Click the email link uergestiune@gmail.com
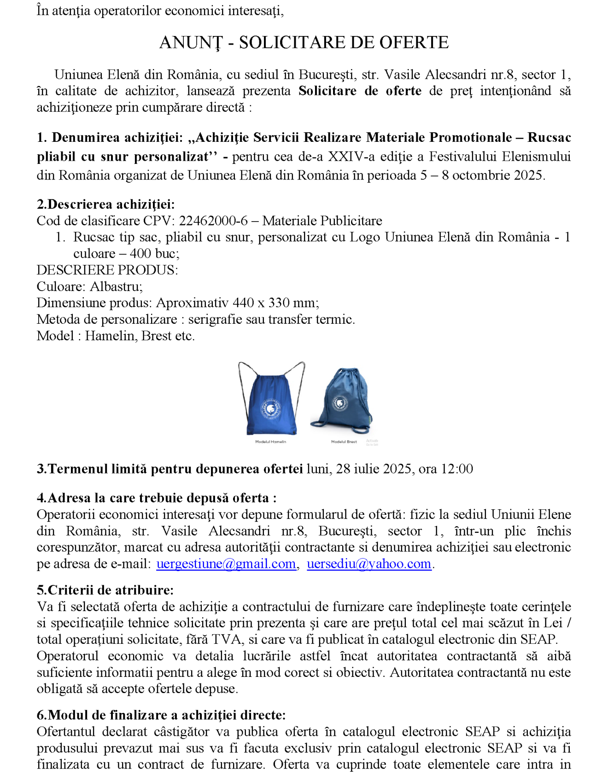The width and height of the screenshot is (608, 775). click(226, 564)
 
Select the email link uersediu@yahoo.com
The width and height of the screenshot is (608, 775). click(368, 564)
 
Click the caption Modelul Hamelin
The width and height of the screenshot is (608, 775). click(270, 442)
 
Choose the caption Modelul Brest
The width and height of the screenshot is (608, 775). click(344, 442)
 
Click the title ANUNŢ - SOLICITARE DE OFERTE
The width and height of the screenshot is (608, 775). click(304, 42)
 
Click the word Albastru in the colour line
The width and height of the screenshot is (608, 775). click(116, 286)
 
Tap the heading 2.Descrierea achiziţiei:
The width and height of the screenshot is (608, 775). click(105, 204)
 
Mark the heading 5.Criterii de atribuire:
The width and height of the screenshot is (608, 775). click(105, 590)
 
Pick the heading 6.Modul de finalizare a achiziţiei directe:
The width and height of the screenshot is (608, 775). click(161, 715)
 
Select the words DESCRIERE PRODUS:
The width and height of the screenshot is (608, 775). click(107, 270)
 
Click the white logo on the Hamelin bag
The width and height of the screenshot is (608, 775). click(271, 408)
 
